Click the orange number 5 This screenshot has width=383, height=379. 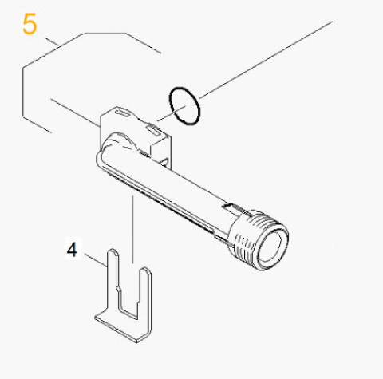[30, 25]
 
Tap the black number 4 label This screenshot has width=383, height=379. [72, 250]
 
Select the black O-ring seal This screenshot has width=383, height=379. [184, 106]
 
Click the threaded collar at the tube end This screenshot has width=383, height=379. [258, 239]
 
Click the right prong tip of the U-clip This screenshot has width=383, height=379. [145, 269]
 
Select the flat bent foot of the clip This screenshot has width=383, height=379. [121, 328]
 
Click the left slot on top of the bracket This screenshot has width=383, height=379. [122, 113]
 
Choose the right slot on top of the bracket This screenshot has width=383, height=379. [153, 130]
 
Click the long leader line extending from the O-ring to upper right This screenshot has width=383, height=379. [266, 60]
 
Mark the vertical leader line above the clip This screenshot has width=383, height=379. [132, 230]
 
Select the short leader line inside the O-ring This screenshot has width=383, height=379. [172, 113]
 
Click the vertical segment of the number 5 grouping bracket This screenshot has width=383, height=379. [23, 92]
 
